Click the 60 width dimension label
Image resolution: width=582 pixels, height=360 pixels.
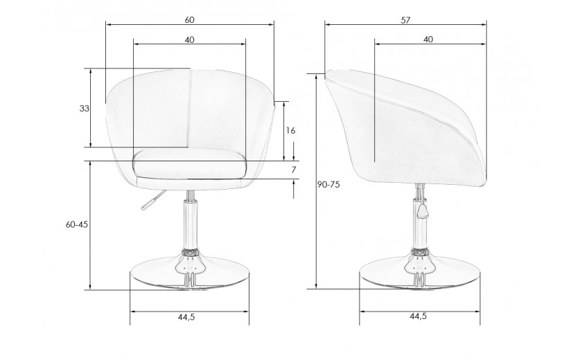[x=189, y=19]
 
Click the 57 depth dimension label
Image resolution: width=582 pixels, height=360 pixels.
[x=405, y=20]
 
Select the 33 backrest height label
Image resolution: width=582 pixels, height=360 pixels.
[x=85, y=109]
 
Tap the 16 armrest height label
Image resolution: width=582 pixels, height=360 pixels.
[x=290, y=131]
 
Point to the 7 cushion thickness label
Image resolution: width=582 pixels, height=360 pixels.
[x=294, y=170]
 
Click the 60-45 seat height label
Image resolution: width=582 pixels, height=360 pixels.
[x=77, y=224]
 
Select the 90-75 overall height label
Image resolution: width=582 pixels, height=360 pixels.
[x=328, y=185]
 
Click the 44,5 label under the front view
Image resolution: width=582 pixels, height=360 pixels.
[x=186, y=317]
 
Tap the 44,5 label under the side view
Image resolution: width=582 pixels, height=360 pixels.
[x=418, y=316]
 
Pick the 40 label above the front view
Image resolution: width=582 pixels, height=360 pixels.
[x=189, y=39]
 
